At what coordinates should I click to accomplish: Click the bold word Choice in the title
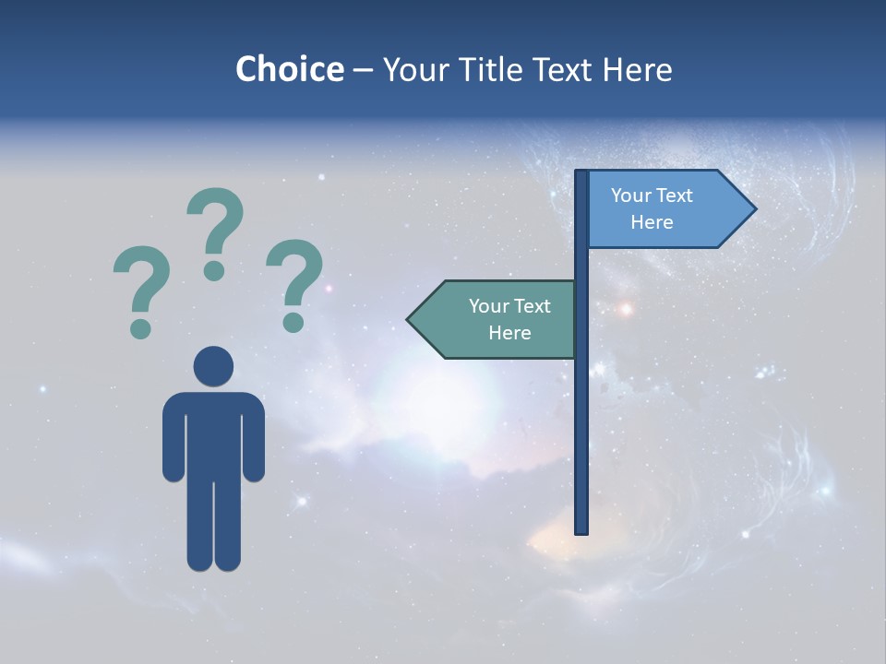[x=289, y=69]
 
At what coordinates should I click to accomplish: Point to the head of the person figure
[x=213, y=366]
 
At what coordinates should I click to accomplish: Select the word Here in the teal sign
[x=509, y=333]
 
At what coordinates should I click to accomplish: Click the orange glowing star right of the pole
[x=626, y=309]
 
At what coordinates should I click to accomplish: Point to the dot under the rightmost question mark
[x=293, y=322]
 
